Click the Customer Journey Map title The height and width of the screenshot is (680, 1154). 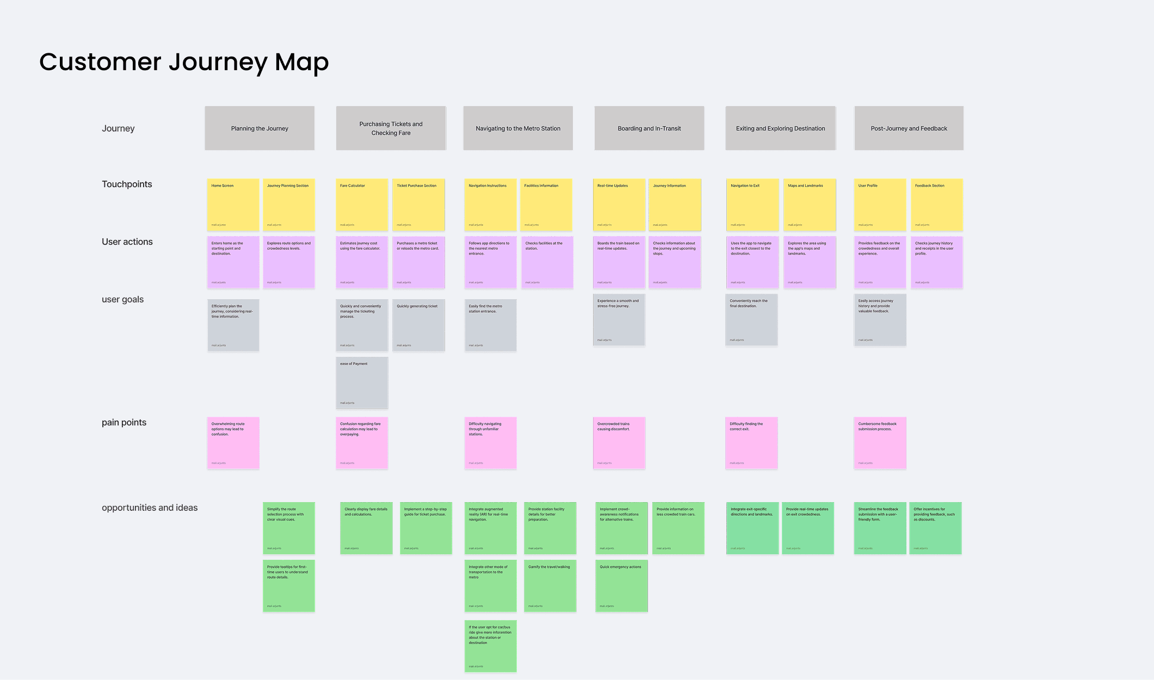point(184,62)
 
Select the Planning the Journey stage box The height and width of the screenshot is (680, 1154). point(260,128)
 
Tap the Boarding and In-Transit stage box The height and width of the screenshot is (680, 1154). point(649,128)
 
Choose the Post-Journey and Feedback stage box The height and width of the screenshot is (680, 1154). point(909,128)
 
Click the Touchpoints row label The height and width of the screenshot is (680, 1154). point(127,184)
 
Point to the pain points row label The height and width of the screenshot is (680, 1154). point(124,423)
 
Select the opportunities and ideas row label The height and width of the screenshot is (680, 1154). point(150,508)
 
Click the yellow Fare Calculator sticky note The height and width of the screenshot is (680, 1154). point(362,205)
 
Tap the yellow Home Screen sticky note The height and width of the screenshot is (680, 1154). point(233,205)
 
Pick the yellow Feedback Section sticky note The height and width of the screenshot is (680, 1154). point(936,205)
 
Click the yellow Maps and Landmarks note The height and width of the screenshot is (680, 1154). point(809,205)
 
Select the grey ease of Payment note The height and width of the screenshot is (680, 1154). point(362,382)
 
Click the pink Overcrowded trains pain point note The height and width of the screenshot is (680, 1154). point(619,443)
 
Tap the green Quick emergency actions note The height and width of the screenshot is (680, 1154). point(621,585)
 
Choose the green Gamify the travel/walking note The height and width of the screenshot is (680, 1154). point(550,585)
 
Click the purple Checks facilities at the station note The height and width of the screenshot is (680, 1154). point(547,262)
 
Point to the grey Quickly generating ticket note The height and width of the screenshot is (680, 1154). point(418,325)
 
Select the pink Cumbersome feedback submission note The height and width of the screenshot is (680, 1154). point(880,443)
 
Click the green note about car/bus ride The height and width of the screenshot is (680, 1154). point(490,646)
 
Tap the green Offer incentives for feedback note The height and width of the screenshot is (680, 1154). point(935,528)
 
